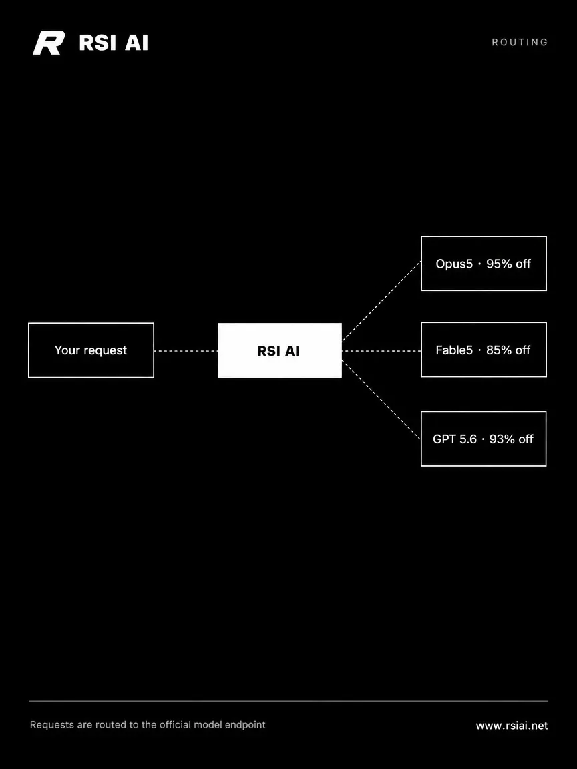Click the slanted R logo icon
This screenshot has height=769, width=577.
pos(49,43)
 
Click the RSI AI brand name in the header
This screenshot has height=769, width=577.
pos(114,43)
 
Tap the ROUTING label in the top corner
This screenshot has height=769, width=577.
pos(520,42)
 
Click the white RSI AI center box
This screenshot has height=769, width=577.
pos(280,350)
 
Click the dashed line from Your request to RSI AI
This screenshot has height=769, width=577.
pos(186,351)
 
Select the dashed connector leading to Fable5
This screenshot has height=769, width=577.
pos(381,351)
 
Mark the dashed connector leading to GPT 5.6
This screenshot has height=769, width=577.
pos(381,400)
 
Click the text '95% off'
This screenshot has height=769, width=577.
pos(508,264)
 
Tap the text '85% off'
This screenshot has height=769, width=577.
pos(508,350)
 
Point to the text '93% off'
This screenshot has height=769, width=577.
pos(511,439)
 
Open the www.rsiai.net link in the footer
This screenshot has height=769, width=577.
pos(512,726)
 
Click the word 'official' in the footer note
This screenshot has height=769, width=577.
pos(175,724)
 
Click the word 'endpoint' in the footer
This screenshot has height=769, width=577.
pos(245,725)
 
